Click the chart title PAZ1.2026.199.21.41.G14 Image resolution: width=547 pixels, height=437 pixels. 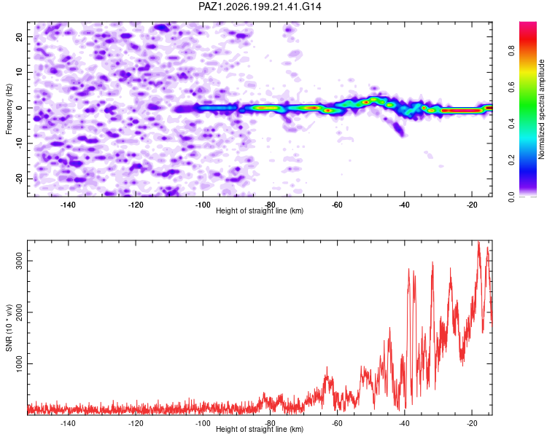coord(260,7)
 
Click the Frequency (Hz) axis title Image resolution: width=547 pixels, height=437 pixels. coord(9,109)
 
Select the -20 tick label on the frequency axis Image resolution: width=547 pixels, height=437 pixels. coord(20,178)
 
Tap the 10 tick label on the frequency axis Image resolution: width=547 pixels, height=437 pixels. coord(20,72)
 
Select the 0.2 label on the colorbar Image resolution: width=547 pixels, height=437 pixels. coord(512,160)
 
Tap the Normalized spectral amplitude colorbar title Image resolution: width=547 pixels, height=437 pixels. coord(541,109)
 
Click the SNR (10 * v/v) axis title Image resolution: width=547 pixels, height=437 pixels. coord(9,328)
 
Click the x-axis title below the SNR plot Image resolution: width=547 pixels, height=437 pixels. coord(260,429)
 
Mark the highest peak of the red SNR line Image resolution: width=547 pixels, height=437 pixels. coord(478,242)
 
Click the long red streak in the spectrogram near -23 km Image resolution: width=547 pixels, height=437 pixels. coord(461,111)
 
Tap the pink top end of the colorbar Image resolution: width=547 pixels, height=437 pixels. coord(528,24)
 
